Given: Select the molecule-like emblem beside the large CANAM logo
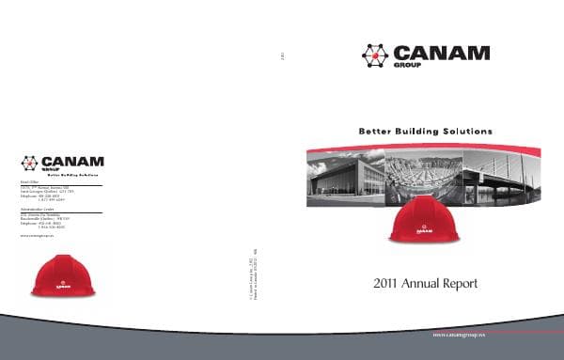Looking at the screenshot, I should tap(375, 55).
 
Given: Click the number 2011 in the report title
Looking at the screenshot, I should tap(388, 283).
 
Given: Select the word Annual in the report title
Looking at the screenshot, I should tap(427, 283).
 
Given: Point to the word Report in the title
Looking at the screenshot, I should tap(463, 283).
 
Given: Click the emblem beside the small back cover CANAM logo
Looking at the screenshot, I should tap(30, 163).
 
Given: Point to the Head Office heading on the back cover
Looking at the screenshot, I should tap(30, 182).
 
